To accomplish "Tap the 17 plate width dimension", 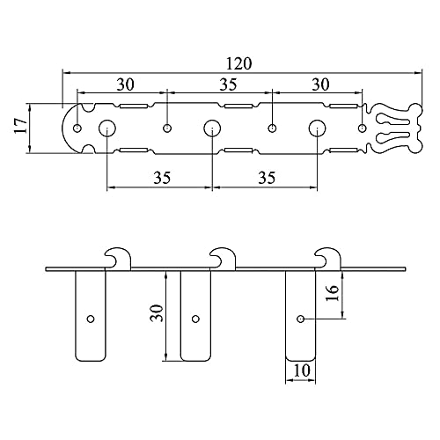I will pyautogui.click(x=19, y=128).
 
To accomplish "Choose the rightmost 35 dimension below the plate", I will pyautogui.click(x=266, y=177).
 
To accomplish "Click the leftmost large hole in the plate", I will pyautogui.click(x=106, y=128).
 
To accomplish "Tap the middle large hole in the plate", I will pyautogui.click(x=211, y=128).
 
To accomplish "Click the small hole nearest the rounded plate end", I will pyautogui.click(x=77, y=128).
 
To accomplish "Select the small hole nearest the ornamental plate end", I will pyautogui.click(x=363, y=128).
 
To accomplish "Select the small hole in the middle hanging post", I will pyautogui.click(x=195, y=318).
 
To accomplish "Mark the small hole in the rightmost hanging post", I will pyautogui.click(x=301, y=318).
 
